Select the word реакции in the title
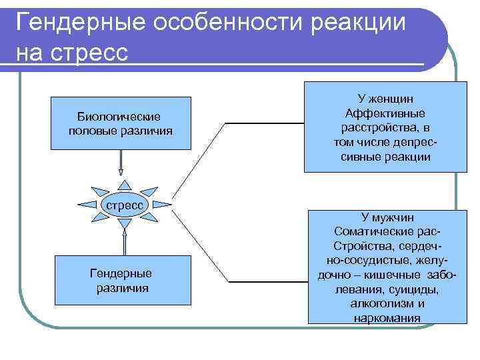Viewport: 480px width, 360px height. (x=361, y=23)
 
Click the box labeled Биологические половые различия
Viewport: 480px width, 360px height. (x=120, y=123)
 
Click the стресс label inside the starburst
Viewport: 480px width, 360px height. (x=125, y=205)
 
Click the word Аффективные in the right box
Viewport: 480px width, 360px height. (x=385, y=113)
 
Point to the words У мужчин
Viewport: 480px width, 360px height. (x=387, y=217)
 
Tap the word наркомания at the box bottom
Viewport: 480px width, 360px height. (x=387, y=317)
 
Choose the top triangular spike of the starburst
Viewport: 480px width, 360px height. (x=124, y=185)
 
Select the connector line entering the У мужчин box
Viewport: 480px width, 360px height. (x=267, y=280)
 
